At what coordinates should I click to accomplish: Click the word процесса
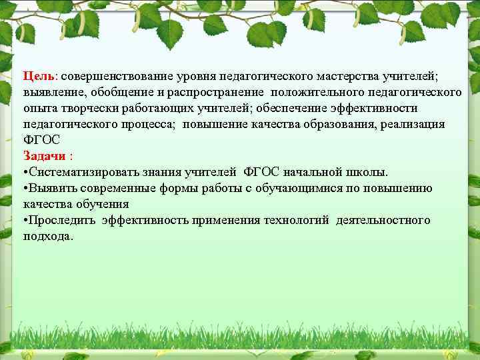[x=143, y=124]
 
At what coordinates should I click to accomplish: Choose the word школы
[x=370, y=173]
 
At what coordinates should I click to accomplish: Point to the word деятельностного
[x=383, y=221]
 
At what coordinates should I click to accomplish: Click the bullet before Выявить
[x=25, y=189]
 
